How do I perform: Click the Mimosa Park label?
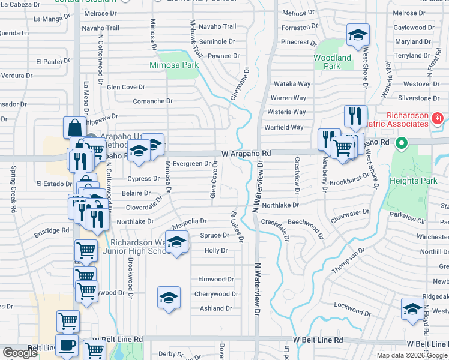tap(174, 64)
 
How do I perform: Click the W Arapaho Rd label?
tap(246, 154)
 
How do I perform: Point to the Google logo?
tap(20, 353)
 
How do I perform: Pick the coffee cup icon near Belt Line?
tap(67, 346)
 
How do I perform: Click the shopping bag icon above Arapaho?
tap(74, 127)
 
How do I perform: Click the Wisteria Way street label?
tap(286, 112)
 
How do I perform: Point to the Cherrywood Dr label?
tap(216, 294)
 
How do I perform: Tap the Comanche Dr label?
tap(152, 101)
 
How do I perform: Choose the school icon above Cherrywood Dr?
tap(169, 298)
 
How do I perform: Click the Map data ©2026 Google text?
tap(412, 355)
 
